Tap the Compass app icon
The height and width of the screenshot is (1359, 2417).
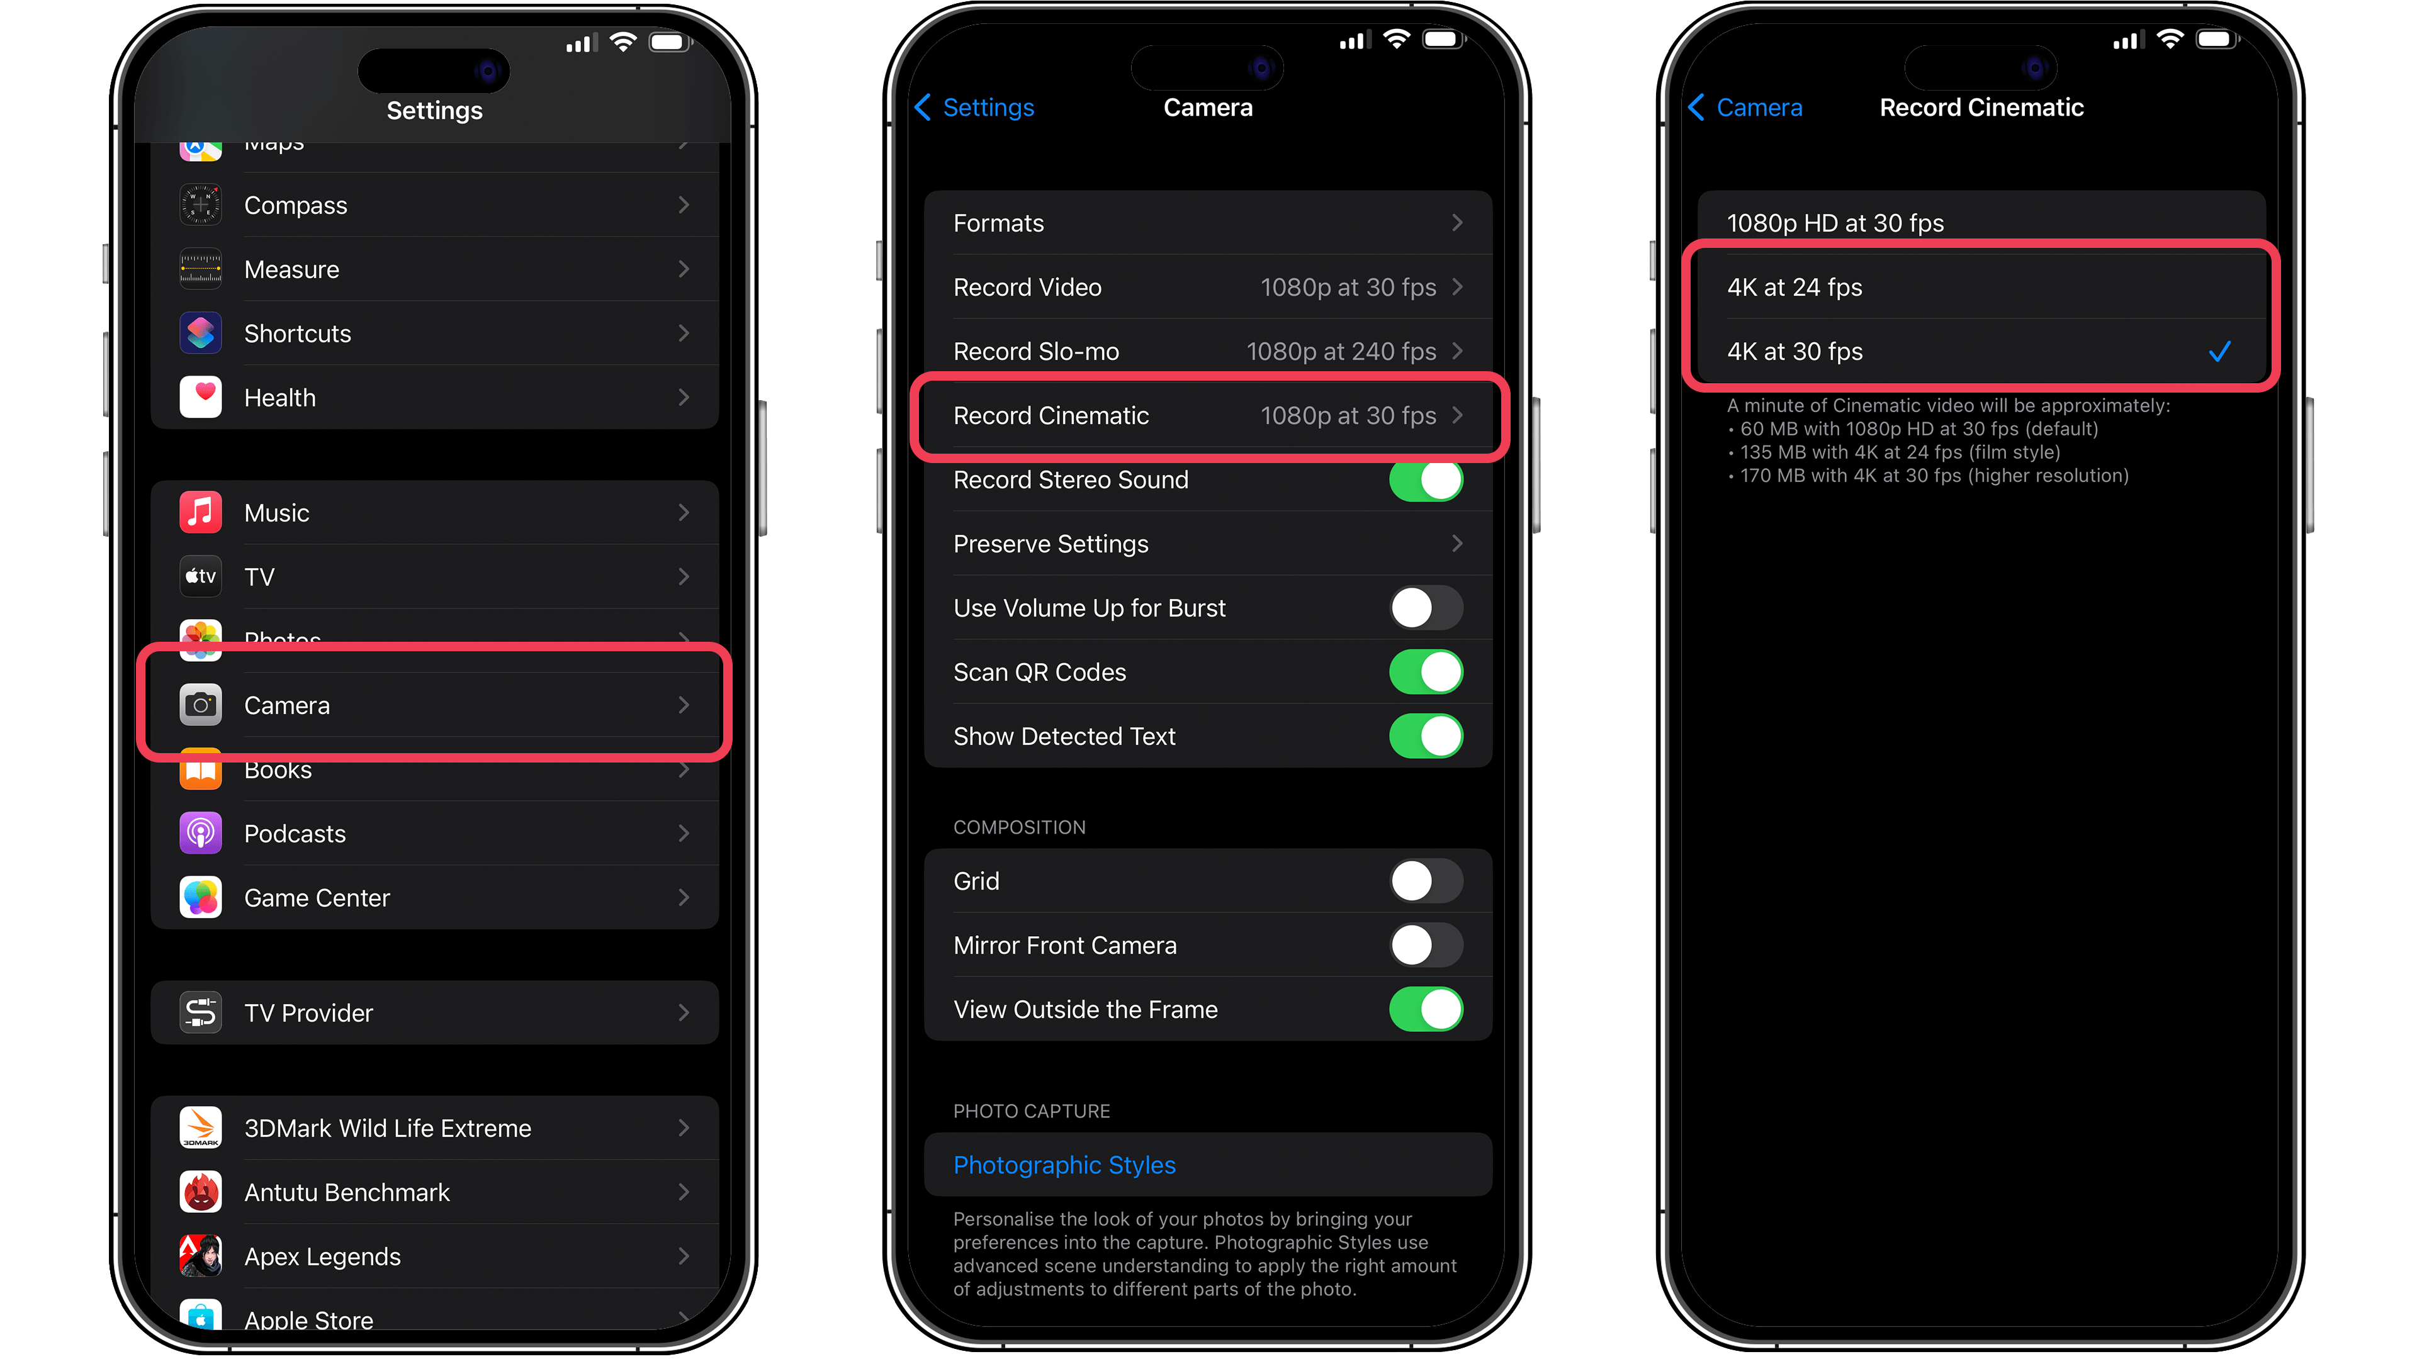point(201,205)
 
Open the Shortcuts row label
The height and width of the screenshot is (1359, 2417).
point(298,334)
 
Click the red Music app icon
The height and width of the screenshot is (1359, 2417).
point(201,513)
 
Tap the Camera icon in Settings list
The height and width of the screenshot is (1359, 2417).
point(201,705)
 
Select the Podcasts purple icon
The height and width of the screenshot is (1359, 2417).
point(201,834)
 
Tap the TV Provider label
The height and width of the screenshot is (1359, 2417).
point(308,1013)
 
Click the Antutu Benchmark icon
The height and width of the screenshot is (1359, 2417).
point(201,1192)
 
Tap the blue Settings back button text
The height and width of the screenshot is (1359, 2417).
point(988,108)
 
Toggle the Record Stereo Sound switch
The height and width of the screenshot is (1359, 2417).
point(1425,480)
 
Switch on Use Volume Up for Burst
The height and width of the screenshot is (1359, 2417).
point(1425,608)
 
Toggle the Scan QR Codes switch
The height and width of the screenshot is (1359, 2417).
point(1425,673)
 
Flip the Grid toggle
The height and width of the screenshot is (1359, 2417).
point(1425,881)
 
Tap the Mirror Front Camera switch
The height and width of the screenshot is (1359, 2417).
point(1425,946)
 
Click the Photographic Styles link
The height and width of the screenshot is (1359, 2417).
point(1064,1165)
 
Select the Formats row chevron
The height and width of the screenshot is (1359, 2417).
point(1457,223)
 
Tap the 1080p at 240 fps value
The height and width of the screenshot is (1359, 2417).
point(1341,352)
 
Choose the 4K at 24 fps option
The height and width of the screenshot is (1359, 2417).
point(1794,288)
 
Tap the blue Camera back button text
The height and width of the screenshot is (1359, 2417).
point(1759,108)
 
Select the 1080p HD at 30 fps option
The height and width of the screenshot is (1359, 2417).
point(1835,223)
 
